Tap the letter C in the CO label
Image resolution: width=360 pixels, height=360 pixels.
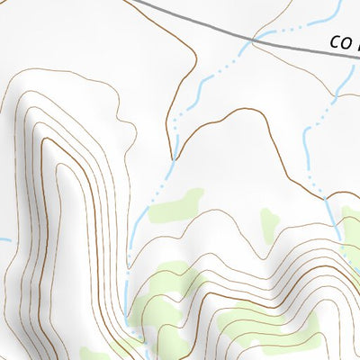tap(335, 41)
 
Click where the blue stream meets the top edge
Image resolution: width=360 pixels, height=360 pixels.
tap(339, 1)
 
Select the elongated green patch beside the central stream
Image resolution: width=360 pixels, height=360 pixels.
tap(176, 207)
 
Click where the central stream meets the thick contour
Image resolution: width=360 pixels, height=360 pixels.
tap(174, 160)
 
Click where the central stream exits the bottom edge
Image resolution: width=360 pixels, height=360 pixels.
tap(135, 358)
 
